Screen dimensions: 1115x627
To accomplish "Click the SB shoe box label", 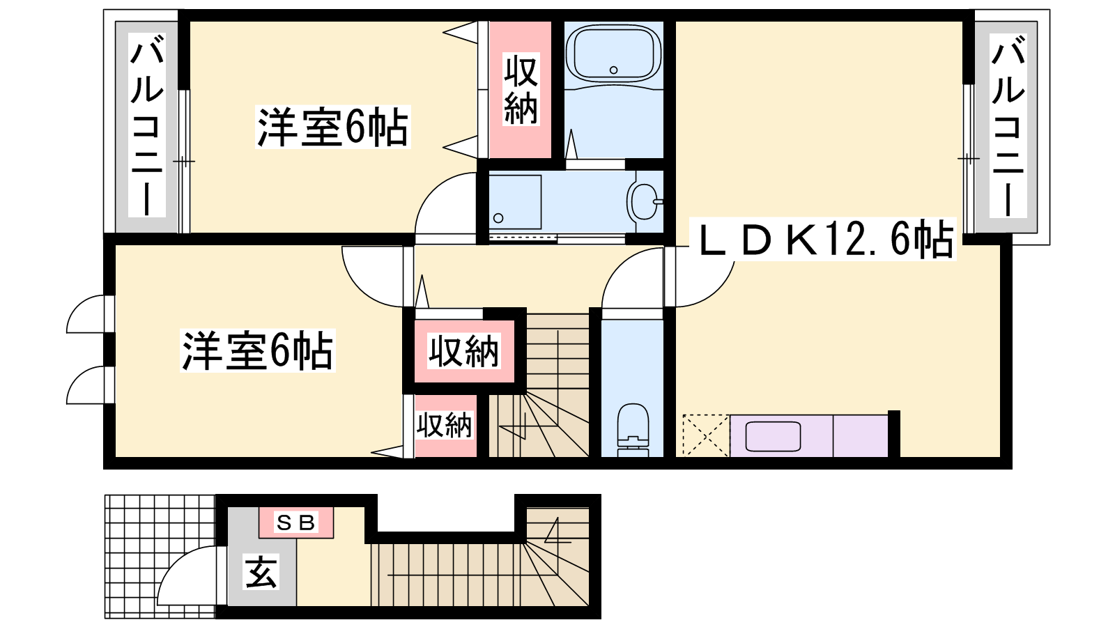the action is [x=295, y=522].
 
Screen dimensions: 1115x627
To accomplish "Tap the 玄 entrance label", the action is [x=261, y=572].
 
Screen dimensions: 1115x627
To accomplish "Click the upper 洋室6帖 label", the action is [x=332, y=127].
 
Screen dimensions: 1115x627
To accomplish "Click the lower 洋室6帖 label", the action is [x=257, y=350].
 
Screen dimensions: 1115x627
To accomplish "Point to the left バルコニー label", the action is [x=147, y=125].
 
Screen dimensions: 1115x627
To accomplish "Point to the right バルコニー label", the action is [x=1008, y=125].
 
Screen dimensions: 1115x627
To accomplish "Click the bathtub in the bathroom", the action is [x=614, y=54].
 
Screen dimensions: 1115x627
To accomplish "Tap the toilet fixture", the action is [x=633, y=430].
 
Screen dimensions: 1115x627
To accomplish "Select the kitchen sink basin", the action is [x=773, y=436].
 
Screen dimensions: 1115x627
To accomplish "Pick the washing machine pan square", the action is [x=515, y=201].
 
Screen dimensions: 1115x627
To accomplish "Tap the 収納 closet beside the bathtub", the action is [x=521, y=90].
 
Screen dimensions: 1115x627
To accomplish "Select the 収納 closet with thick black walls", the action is [x=464, y=351].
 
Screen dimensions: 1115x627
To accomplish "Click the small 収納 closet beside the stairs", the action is [x=445, y=426].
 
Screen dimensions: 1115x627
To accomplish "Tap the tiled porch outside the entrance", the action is [x=160, y=557].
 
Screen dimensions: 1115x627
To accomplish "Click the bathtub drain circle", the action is [x=614, y=70].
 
